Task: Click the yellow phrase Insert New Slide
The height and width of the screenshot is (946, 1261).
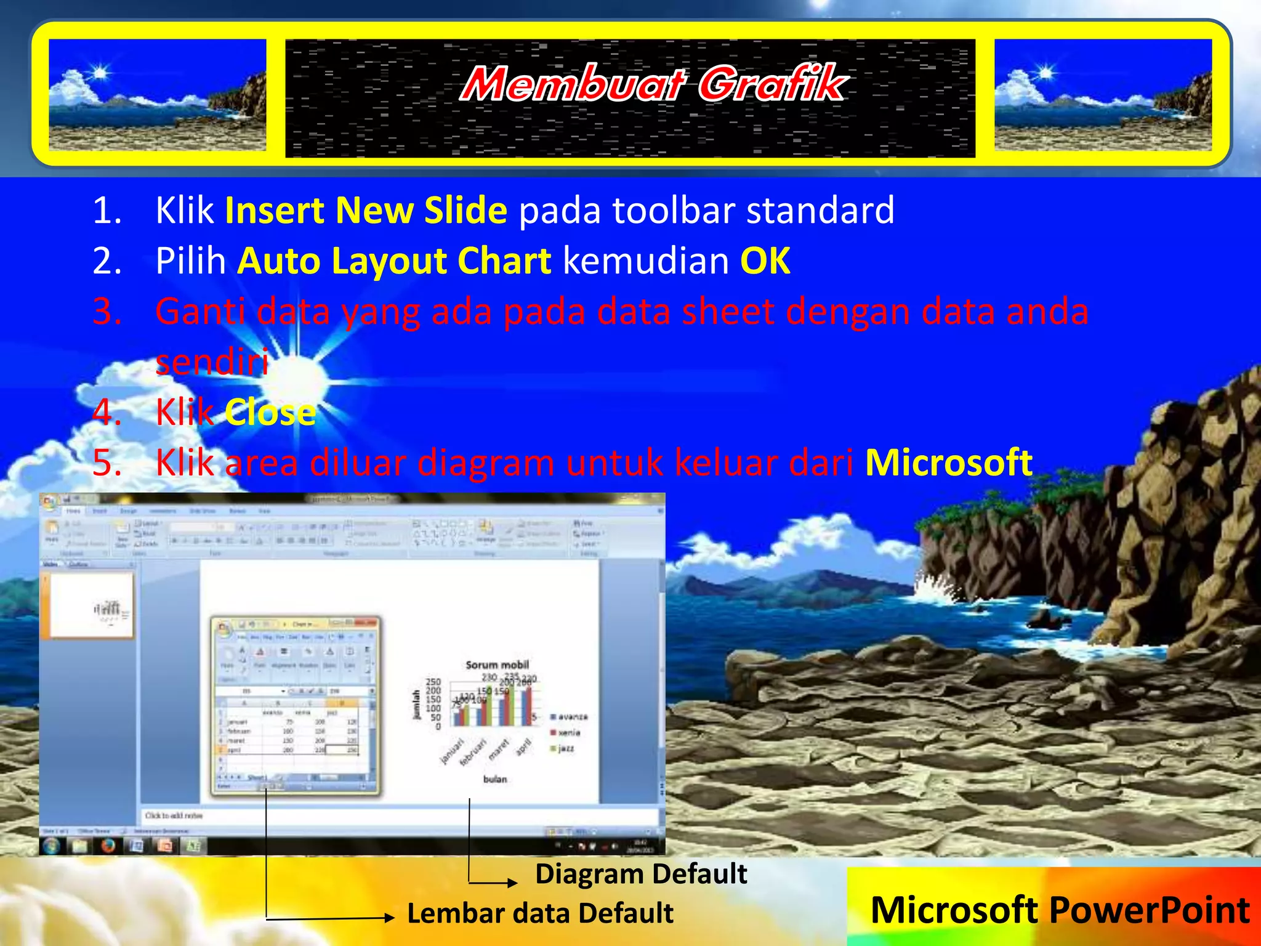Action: [366, 211]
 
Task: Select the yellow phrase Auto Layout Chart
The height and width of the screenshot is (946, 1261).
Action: [394, 261]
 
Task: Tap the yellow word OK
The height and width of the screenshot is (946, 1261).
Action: [765, 261]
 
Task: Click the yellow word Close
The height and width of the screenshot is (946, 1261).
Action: [270, 413]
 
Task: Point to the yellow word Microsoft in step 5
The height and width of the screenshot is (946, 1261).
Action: [948, 463]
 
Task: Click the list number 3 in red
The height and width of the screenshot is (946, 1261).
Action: [107, 312]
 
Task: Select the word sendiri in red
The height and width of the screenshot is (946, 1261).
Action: [212, 362]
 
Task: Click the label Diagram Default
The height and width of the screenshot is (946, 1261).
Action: [640, 874]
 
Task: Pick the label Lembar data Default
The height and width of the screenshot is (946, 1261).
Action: [540, 913]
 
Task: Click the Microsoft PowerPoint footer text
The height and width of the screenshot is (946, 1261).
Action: [1060, 910]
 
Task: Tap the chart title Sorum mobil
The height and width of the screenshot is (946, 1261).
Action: [497, 665]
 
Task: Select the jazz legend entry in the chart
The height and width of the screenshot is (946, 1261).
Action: [565, 748]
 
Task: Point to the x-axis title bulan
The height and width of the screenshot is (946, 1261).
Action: [495, 779]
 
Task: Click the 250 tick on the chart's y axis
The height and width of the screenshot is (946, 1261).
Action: [433, 682]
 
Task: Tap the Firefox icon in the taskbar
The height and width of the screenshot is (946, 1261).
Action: [108, 846]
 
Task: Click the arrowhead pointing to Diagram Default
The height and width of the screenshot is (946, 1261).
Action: [512, 883]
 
